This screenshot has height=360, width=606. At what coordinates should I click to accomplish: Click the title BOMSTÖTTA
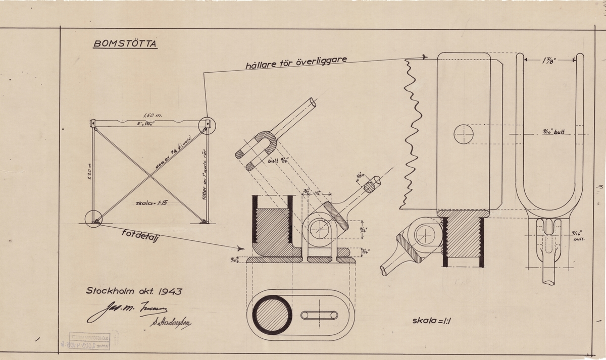(125, 43)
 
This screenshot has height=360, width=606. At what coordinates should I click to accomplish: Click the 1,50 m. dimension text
(149, 115)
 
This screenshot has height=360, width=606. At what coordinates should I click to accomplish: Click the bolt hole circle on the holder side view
(463, 134)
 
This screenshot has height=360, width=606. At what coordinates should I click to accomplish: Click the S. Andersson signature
(173, 323)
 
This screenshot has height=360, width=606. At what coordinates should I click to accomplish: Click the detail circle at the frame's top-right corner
(207, 125)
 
